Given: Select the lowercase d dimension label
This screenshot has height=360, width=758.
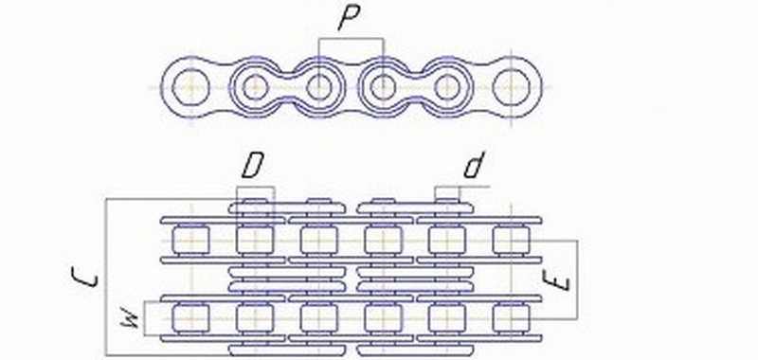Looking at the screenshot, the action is [474, 167].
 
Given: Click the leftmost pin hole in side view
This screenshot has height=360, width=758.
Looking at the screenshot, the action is [191, 88].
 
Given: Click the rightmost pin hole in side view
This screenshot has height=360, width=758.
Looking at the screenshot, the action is [511, 88].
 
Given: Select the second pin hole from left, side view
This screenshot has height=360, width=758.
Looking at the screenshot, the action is [255, 88].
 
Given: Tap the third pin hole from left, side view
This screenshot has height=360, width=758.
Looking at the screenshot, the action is [319, 88].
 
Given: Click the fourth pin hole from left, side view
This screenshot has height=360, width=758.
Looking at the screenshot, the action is [383, 88].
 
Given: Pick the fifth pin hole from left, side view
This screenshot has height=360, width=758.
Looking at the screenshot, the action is [447, 88].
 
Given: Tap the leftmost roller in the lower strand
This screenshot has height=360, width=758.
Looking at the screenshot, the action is [191, 317].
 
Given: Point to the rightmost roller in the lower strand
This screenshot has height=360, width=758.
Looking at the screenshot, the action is [511, 317].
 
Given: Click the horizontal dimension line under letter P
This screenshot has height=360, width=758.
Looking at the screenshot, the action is [351, 39].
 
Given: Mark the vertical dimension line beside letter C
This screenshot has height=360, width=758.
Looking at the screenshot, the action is [106, 277].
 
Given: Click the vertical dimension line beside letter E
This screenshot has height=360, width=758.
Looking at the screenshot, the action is [577, 279].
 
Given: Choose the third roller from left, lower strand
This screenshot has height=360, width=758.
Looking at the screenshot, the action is [319, 317].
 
